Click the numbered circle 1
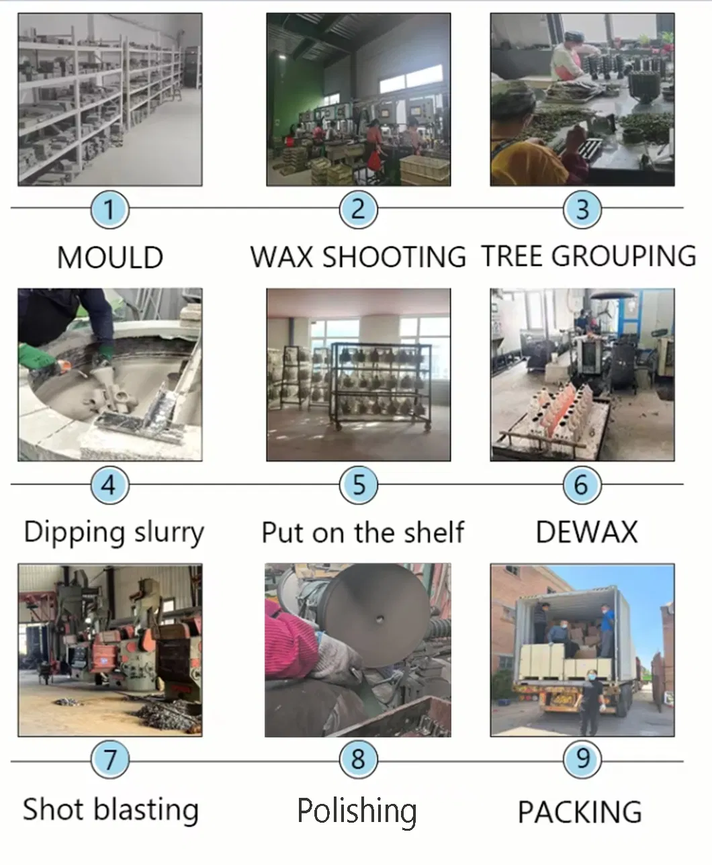coord(109,209)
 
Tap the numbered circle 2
coord(358,209)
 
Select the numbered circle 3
coord(582,209)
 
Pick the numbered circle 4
coord(109,484)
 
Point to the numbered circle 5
coord(359,484)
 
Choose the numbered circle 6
coord(582,484)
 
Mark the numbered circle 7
coord(110,760)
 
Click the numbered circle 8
coord(358,760)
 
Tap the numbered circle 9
coord(582,760)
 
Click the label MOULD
coord(110,258)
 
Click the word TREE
coord(513,257)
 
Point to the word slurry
coord(169,533)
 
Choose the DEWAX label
coord(586,532)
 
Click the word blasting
coord(146,809)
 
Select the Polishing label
coord(357,811)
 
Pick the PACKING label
coord(580,812)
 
